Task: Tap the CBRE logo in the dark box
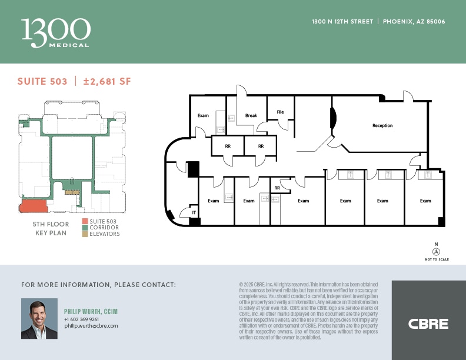428,324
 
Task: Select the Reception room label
382,125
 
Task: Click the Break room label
251,115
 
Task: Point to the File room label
280,111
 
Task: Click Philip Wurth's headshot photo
39,318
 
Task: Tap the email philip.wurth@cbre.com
91,325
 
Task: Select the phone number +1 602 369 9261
81,319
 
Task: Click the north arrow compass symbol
436,251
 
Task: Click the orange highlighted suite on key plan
34,206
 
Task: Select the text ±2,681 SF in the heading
107,82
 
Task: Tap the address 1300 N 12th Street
342,22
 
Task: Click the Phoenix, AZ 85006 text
414,22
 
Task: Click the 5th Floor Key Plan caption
49,229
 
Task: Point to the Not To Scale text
436,259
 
